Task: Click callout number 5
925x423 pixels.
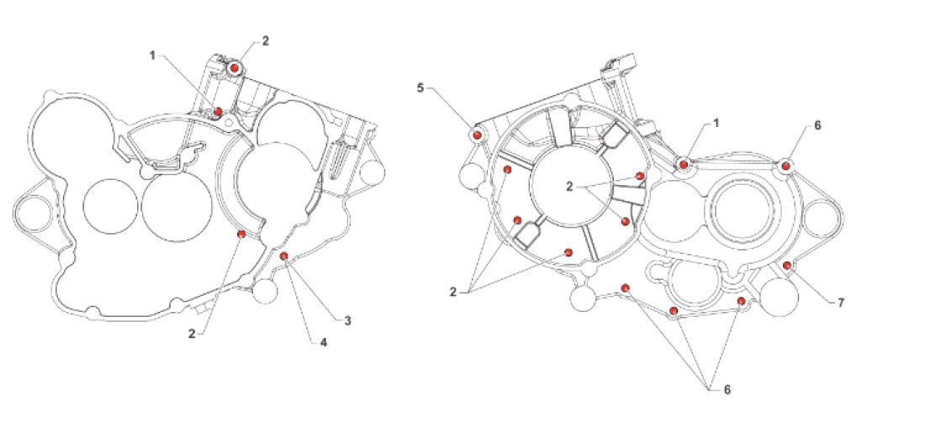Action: pyautogui.click(x=420, y=87)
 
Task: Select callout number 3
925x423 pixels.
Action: pyautogui.click(x=346, y=320)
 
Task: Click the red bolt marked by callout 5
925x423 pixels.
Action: pyautogui.click(x=477, y=135)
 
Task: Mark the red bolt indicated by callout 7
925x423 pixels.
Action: pyautogui.click(x=786, y=266)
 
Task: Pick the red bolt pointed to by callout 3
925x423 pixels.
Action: pyautogui.click(x=284, y=256)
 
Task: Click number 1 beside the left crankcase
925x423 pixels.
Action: pyautogui.click(x=153, y=56)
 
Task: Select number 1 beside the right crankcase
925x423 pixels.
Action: pyautogui.click(x=716, y=123)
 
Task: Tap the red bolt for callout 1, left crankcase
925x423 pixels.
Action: pyautogui.click(x=218, y=111)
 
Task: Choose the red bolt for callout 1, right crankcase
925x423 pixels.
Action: pyautogui.click(x=684, y=163)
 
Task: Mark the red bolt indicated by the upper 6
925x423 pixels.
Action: pyautogui.click(x=786, y=165)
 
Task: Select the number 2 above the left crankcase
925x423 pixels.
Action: pyautogui.click(x=267, y=40)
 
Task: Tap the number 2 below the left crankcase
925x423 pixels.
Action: pyautogui.click(x=194, y=334)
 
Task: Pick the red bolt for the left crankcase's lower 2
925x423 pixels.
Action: pyautogui.click(x=241, y=234)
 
